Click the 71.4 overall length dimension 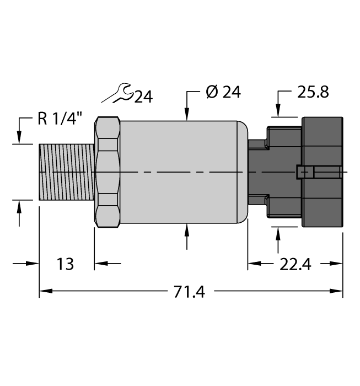click(x=189, y=292)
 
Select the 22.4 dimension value click(x=295, y=265)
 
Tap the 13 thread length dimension click(x=65, y=264)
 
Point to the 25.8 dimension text click(x=313, y=92)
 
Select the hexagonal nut click(x=108, y=173)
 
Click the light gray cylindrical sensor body click(x=182, y=172)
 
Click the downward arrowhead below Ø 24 click(x=188, y=115)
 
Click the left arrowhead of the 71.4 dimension click(x=44, y=291)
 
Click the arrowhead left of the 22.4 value click(x=252, y=264)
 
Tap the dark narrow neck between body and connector click(x=257, y=173)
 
